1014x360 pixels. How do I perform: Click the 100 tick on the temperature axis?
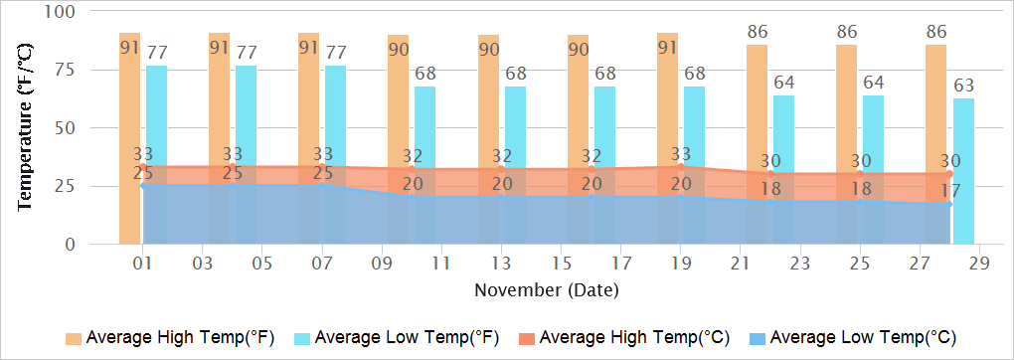coord(61,12)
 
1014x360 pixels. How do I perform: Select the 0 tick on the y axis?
coord(71,245)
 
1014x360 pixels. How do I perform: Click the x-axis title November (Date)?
coord(546,290)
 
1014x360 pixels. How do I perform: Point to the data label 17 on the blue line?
coord(949,190)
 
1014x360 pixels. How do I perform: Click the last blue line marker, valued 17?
coord(949,205)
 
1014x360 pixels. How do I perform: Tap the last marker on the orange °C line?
coord(949,174)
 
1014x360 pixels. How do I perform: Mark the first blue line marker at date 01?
coord(143,186)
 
